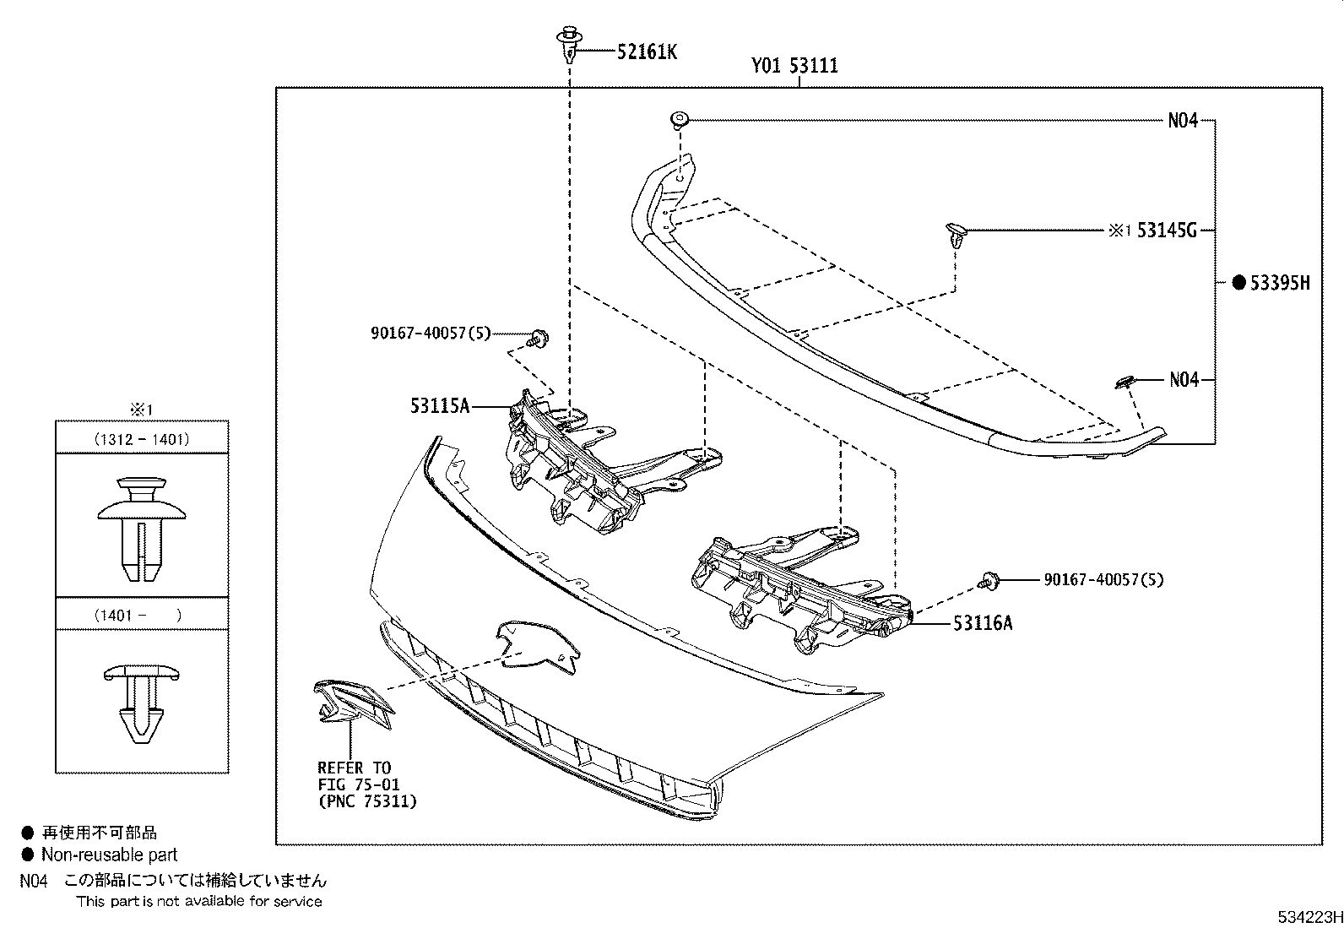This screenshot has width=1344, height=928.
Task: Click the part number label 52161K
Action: pyautogui.click(x=647, y=52)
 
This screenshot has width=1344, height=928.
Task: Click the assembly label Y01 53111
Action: pyautogui.click(x=795, y=66)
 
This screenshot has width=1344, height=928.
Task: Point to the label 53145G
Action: pyautogui.click(x=1167, y=230)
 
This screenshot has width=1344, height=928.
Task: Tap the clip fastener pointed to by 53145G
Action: pyautogui.click(x=956, y=235)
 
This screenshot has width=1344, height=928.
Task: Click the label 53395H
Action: pyautogui.click(x=1280, y=283)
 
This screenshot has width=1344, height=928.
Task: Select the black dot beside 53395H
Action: pyautogui.click(x=1239, y=283)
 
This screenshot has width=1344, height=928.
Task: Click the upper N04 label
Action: pyautogui.click(x=1183, y=121)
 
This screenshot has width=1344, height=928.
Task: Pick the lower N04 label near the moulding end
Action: pyautogui.click(x=1184, y=380)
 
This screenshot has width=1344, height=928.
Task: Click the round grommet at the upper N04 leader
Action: pyautogui.click(x=680, y=120)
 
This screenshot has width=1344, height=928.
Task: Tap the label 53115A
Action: pyautogui.click(x=440, y=406)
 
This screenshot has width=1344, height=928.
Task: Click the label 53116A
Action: pyautogui.click(x=983, y=624)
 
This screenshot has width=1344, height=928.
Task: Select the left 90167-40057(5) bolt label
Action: pyautogui.click(x=431, y=334)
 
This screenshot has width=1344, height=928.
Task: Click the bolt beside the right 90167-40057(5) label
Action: pyautogui.click(x=988, y=581)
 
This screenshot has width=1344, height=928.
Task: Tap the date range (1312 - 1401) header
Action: pyautogui.click(x=142, y=439)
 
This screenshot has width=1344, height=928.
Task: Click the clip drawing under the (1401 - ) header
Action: pyautogui.click(x=142, y=701)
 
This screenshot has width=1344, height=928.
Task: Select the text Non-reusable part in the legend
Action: pyautogui.click(x=110, y=855)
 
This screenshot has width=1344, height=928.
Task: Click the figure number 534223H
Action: pyautogui.click(x=1308, y=917)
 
